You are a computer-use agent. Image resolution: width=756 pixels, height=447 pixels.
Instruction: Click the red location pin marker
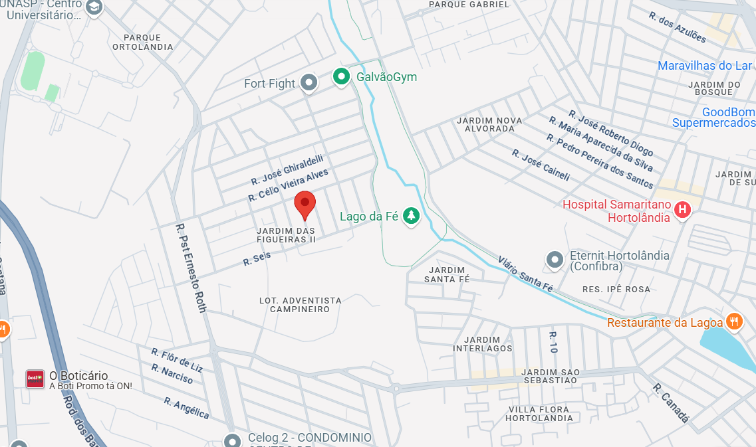305,203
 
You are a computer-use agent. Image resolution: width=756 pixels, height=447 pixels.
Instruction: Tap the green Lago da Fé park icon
412,216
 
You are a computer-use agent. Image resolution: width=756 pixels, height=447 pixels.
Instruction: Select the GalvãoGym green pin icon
341,77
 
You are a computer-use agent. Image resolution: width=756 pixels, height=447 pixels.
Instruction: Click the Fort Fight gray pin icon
308,83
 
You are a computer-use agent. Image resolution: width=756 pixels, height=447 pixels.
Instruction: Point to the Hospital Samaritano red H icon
682,211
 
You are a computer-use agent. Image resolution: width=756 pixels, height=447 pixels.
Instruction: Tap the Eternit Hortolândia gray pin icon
554,260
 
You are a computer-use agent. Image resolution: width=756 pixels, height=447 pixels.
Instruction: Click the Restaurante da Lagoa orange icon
733,321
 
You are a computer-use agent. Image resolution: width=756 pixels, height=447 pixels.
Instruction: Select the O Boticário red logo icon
35,379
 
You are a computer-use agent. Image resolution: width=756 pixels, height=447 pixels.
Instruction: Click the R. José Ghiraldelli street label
287,170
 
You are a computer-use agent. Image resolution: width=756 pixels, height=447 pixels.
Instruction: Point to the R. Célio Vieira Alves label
288,185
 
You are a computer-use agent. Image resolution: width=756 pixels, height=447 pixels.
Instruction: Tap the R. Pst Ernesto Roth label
191,268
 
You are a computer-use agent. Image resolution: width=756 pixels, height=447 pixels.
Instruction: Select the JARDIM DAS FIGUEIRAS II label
286,235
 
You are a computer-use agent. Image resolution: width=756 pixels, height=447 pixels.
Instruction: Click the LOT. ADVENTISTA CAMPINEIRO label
300,305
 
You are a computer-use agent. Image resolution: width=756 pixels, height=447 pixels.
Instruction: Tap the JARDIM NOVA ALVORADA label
489,124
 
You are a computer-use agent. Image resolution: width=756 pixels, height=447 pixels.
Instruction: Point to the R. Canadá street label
670,402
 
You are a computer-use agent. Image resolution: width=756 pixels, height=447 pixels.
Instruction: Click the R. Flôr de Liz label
177,359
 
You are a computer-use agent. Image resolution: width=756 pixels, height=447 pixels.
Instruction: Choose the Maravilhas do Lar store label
704,66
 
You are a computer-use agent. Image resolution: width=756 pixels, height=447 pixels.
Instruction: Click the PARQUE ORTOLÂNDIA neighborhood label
142,42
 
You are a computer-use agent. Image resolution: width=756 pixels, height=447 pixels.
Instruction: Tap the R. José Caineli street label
541,165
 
